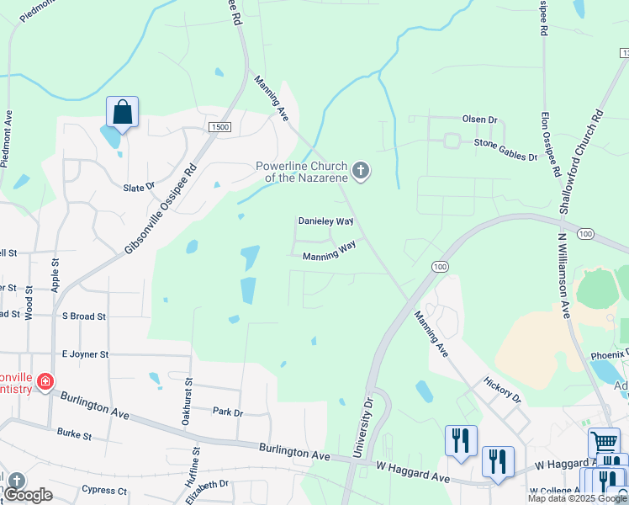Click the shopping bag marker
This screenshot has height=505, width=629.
pos(122,112)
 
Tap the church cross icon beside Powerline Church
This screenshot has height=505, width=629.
pos(361,172)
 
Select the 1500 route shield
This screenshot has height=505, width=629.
pos(220,126)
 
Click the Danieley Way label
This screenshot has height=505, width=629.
pos(325,221)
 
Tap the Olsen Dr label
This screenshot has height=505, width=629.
pos(479,120)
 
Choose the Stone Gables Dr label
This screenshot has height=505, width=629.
pos(505,150)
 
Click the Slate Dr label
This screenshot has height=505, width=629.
pos(139,187)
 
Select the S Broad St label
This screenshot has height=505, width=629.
pos(84,316)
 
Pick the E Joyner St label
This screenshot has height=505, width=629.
pos(84,355)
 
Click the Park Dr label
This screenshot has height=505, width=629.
pos(227,412)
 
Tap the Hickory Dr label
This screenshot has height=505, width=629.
pos(503,389)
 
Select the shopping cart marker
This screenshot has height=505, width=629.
pos(604,443)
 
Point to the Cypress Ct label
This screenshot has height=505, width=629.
pos(104,490)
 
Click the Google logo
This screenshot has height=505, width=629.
pos(29,495)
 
